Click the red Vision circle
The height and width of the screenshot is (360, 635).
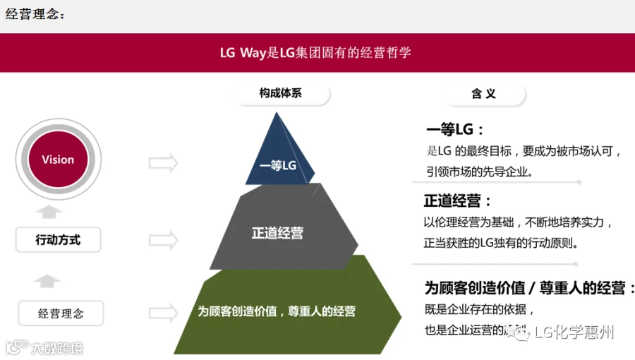coord(58,160)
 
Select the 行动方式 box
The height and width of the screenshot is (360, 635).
coord(59,240)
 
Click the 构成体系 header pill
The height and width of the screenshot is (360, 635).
coord(280,93)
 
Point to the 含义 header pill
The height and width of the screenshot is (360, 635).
coord(484,94)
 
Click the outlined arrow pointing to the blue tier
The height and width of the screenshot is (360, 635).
coord(163,163)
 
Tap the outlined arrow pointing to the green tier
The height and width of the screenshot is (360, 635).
coord(163,312)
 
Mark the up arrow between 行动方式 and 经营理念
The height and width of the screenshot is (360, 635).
coord(48,281)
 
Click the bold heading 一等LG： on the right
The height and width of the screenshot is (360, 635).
coord(455,130)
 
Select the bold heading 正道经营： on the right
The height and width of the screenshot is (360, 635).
coord(457,201)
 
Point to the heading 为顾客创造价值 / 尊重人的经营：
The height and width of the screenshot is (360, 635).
coord(529,288)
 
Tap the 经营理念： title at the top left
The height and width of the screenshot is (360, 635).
coord(35,14)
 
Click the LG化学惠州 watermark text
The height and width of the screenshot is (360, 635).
coord(574,332)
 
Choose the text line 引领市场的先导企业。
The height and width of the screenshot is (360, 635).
coord(480,172)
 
